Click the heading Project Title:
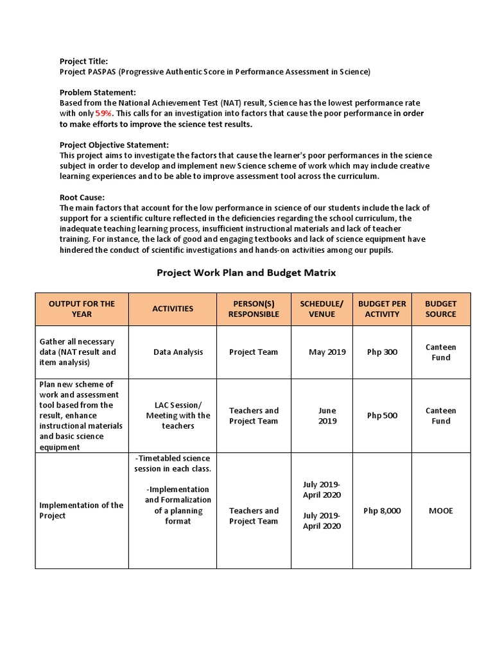tap(83, 61)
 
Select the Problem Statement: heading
tap(98, 92)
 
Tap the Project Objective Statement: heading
tap(114, 145)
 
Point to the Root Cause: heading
tap(82, 198)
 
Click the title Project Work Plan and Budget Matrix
tap(246, 273)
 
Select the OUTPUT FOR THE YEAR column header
tap(82, 309)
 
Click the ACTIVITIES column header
tap(173, 309)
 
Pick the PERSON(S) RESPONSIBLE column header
tap(254, 309)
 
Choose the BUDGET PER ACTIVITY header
tap(382, 309)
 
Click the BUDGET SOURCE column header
tap(441, 309)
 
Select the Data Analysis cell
tap(178, 352)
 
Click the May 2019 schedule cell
tap(327, 352)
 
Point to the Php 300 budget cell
tap(382, 352)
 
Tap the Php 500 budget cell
tap(382, 415)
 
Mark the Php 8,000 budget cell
tap(382, 511)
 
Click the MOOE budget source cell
tap(441, 511)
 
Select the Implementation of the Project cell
tap(81, 510)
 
